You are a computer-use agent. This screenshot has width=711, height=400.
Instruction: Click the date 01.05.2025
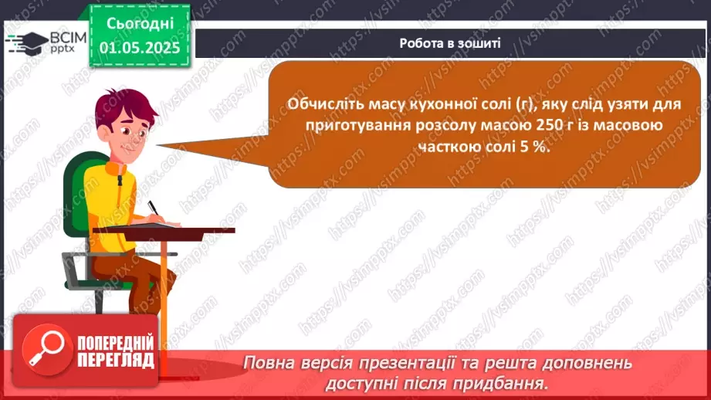pyautogui.click(x=139, y=48)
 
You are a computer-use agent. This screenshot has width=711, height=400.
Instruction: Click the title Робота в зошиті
pyautogui.click(x=450, y=43)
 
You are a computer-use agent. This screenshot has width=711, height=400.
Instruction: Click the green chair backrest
pyautogui.click(x=77, y=193)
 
